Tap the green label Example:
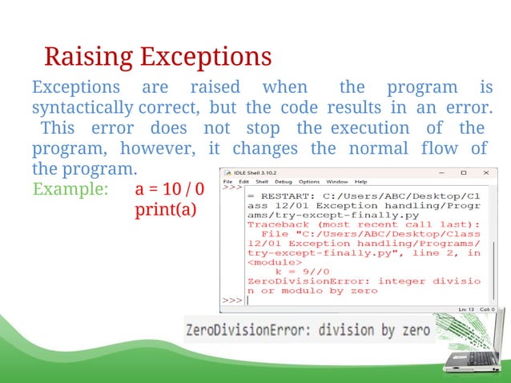pos(70,190)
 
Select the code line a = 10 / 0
pos(170,190)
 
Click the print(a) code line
pos(164,210)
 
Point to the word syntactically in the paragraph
pos(82,107)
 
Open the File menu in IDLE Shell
pos(227,182)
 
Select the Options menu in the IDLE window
pos(309,182)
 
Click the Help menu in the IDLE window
pos(360,182)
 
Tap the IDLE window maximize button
pos(462,171)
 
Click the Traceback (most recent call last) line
pos(363,225)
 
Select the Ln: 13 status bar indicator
pos(465,309)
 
